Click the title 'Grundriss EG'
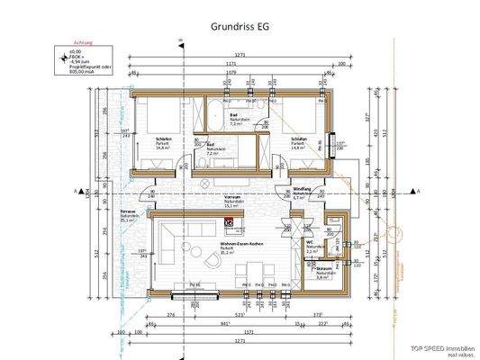[239, 26]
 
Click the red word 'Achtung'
[84, 41]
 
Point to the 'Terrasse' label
[128, 210]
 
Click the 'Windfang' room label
[303, 189]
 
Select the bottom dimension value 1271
[239, 342]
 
